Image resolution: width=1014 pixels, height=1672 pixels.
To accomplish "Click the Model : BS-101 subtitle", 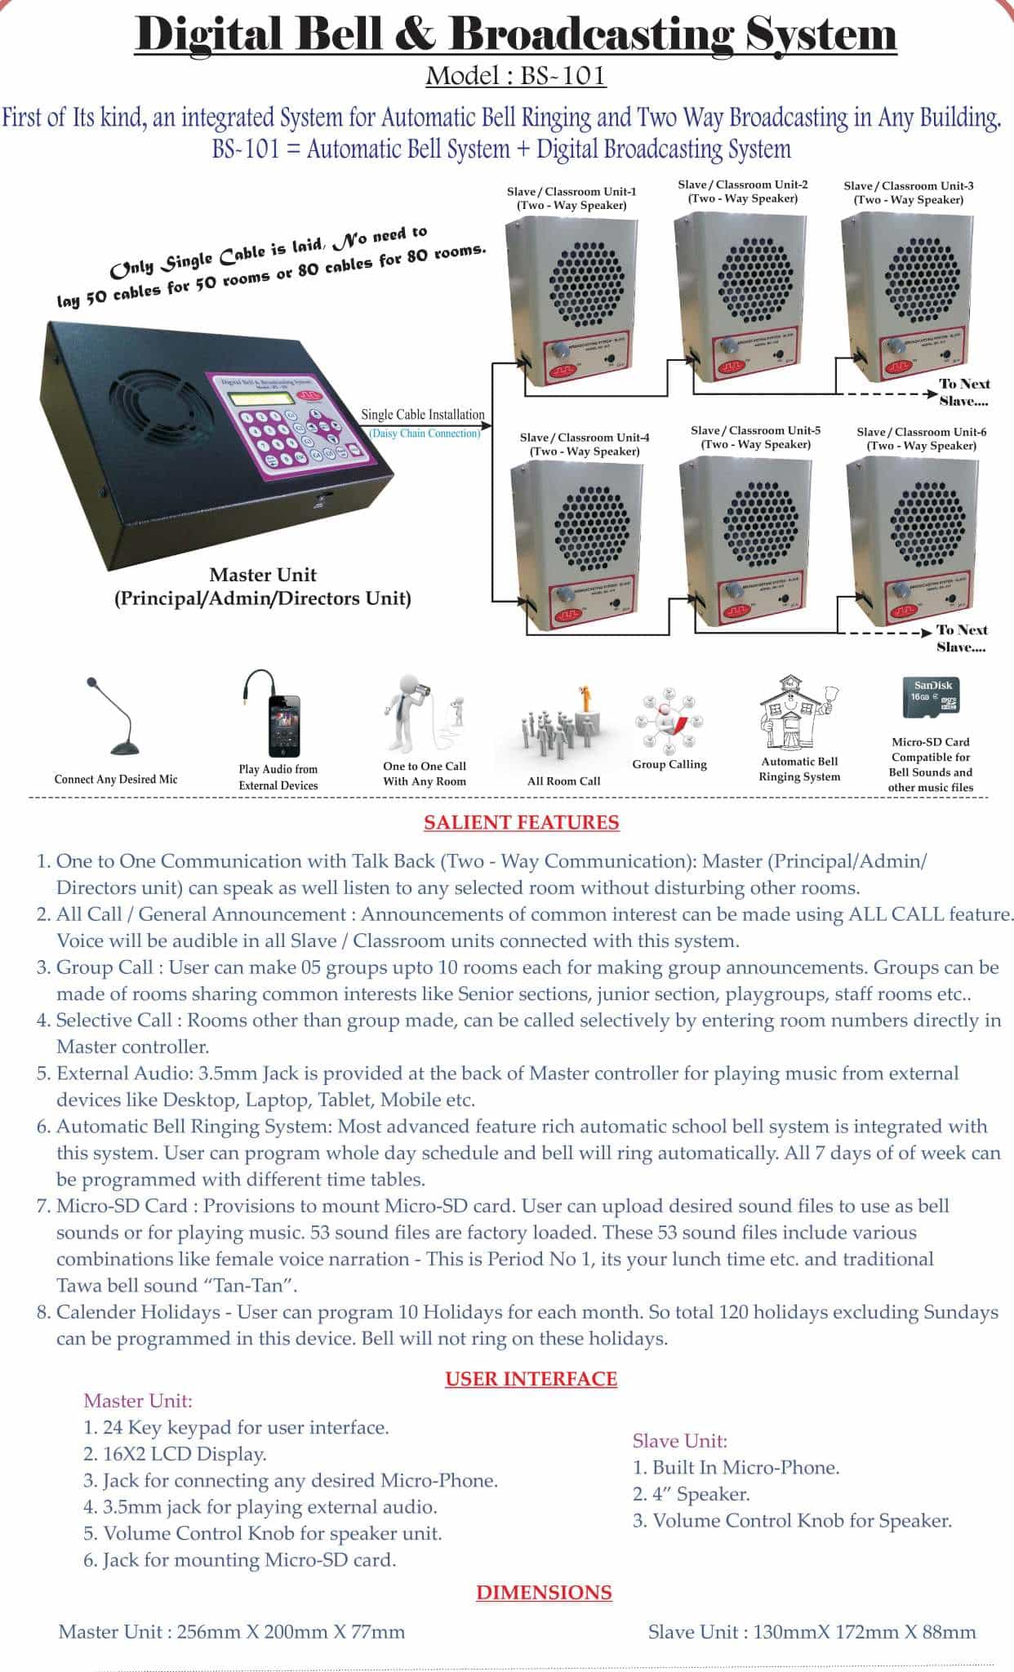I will click(x=515, y=76).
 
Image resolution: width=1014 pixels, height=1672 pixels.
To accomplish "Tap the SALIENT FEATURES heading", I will click(x=521, y=822).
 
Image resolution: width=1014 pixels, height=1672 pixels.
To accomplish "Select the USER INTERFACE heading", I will click(x=531, y=1379).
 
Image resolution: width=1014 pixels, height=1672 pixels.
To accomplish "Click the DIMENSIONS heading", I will click(x=544, y=1593).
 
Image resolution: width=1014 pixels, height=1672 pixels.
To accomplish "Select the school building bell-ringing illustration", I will click(x=797, y=713).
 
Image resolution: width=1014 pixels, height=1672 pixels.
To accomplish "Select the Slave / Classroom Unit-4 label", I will click(x=585, y=444).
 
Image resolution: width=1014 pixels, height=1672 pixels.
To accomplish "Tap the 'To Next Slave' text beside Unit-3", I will click(x=963, y=392).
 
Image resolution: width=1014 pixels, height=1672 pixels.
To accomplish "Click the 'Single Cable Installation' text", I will click(x=423, y=415).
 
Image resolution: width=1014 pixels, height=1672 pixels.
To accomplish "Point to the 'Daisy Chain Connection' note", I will click(x=425, y=434).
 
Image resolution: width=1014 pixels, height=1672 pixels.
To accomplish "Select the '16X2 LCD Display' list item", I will click(x=175, y=1454).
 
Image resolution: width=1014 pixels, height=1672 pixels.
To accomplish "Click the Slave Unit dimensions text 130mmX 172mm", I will click(x=812, y=1632).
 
